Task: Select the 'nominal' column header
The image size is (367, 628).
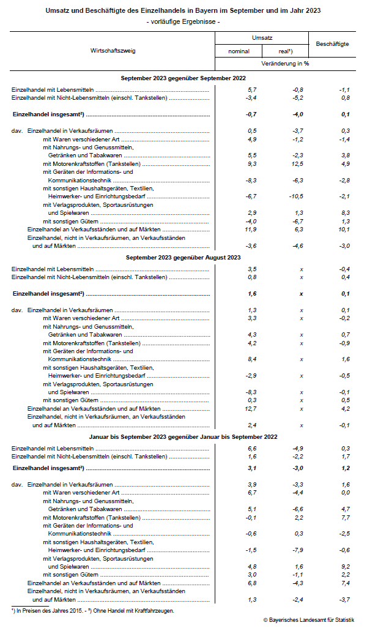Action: [239, 51]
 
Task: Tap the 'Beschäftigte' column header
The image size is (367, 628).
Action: [332, 44]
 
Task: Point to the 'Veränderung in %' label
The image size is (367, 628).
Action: [285, 63]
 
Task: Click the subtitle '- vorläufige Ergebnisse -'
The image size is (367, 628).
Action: [183, 22]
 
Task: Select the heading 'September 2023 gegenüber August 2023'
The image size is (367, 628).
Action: [183, 258]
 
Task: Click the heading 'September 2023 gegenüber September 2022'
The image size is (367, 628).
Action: [183, 78]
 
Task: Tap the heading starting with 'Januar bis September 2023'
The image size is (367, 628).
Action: [183, 436]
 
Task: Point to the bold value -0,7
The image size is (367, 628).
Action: [251, 114]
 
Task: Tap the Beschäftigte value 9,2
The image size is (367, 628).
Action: [345, 566]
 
